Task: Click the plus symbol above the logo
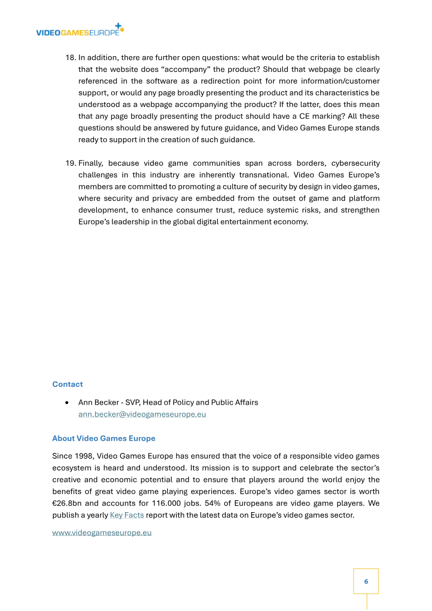(118, 25)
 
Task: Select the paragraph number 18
(70, 58)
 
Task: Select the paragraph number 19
(70, 163)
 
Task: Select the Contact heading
(67, 384)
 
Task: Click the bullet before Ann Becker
(66, 403)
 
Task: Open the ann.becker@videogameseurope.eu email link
(142, 414)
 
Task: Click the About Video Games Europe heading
(104, 438)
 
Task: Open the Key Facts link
(127, 515)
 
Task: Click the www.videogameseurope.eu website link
(102, 533)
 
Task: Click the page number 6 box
(366, 581)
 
